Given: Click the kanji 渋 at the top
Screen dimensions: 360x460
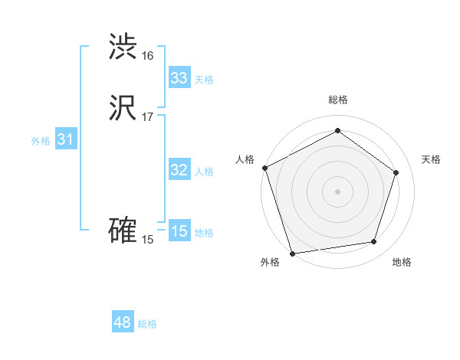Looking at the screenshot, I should pos(123,47).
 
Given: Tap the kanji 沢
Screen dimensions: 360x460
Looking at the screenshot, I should pos(123,109).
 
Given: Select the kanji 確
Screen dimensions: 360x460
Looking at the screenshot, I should pos(123,231).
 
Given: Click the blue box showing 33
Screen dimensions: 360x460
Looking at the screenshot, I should pos(179,78).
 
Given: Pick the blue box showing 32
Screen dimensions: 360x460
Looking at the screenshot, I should pos(179,170).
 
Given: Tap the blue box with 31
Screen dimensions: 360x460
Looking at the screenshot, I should pos(66,139).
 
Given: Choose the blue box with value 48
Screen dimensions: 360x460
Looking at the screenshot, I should pos(123,322).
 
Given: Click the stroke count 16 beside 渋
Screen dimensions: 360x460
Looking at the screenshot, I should pos(148,56).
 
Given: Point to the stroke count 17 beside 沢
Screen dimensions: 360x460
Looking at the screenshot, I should pos(148,117).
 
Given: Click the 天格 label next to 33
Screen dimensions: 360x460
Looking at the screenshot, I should pos(204,80).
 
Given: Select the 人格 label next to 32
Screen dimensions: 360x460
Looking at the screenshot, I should pos(204,172).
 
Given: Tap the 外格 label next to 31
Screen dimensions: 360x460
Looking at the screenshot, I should pos(41,141).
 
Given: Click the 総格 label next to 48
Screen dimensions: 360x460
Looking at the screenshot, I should pos(147,324).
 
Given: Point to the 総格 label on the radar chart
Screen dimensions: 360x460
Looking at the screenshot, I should pos(338,100).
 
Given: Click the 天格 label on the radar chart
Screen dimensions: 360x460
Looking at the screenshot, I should pos(432,159).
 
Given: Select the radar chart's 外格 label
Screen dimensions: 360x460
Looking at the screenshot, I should pos(270,263).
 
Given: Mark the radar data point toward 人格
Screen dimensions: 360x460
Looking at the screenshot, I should pos(265,168).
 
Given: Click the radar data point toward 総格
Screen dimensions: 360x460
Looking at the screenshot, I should pos(337,131).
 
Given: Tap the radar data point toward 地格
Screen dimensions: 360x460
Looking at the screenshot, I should pos(374,242).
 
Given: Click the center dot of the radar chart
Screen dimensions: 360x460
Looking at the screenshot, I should pos(337,191).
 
